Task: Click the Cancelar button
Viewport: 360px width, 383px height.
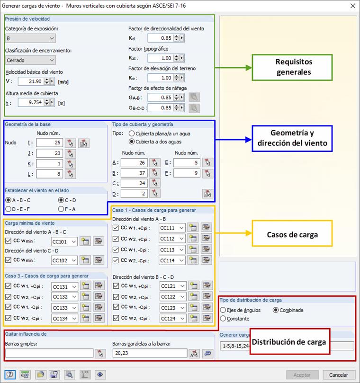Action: pos(339,374)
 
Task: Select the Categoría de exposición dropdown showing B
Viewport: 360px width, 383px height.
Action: pos(31,38)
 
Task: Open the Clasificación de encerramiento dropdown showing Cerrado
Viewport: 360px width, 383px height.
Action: pos(31,60)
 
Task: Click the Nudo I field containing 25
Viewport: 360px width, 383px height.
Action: pos(49,143)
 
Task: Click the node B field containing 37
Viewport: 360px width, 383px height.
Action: pos(134,173)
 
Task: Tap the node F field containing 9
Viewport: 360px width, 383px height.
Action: pos(187,173)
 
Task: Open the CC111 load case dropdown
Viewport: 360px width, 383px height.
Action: pos(171,228)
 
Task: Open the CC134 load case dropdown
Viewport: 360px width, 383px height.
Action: pos(64,319)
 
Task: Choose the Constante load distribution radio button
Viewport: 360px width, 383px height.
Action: pos(223,319)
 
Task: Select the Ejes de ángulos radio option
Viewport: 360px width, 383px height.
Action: pos(223,310)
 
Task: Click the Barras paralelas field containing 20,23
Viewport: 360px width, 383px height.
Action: pos(150,353)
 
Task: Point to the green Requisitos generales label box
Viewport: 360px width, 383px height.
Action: pos(294,67)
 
